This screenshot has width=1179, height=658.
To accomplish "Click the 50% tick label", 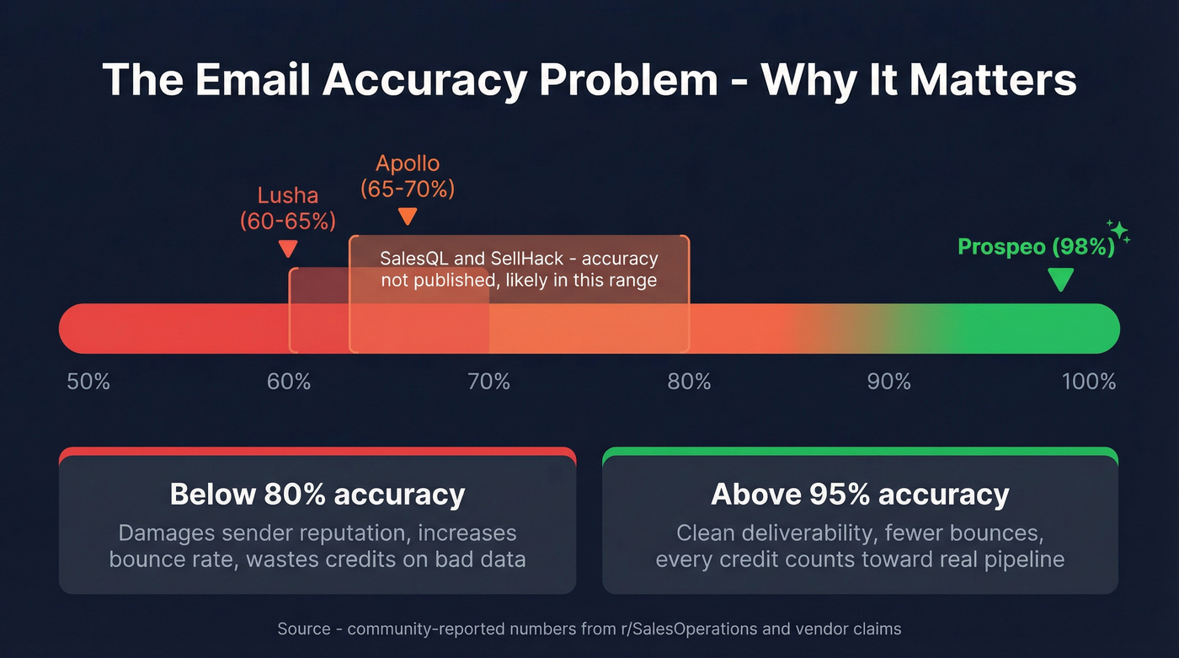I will [88, 382].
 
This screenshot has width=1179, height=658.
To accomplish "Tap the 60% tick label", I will [289, 382].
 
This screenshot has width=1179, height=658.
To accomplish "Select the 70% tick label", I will [489, 382].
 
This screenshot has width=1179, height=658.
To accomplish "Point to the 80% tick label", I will [689, 382].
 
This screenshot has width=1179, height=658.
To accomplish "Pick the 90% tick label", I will [889, 382].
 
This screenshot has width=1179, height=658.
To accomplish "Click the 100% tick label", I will [1089, 382].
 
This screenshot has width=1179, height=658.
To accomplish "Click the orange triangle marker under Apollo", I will [408, 217].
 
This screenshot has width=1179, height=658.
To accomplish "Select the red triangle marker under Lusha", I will [288, 249].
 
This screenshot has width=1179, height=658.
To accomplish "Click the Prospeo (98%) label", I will [1036, 247].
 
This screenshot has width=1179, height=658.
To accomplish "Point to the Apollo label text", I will [408, 163].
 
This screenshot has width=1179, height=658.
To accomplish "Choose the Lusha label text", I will [288, 196].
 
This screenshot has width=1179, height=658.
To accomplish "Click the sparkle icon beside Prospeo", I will [1119, 231].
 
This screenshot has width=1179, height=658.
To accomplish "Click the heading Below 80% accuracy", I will [317, 494].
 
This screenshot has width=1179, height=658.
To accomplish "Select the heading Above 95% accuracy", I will [860, 494].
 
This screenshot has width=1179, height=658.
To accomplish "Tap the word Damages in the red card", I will [168, 533].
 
